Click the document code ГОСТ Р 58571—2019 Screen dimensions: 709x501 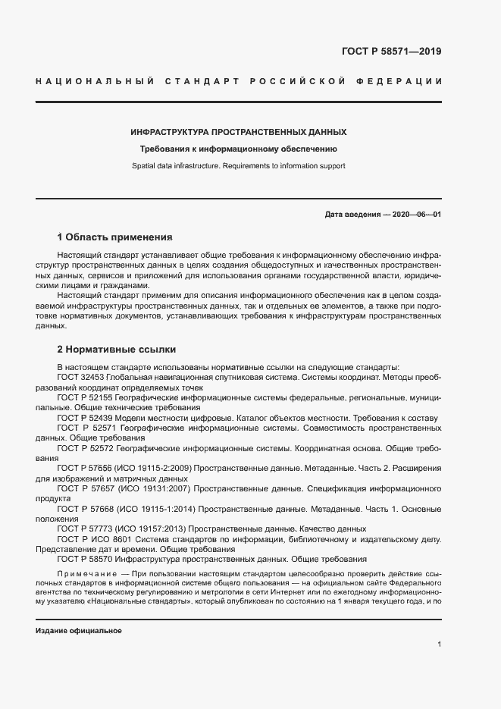[x=392, y=52]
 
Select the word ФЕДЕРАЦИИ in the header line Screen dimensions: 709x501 [x=405, y=80]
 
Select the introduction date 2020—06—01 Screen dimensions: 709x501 [x=415, y=215]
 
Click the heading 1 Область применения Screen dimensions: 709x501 [x=115, y=237]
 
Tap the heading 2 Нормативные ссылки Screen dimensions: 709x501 [x=117, y=350]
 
